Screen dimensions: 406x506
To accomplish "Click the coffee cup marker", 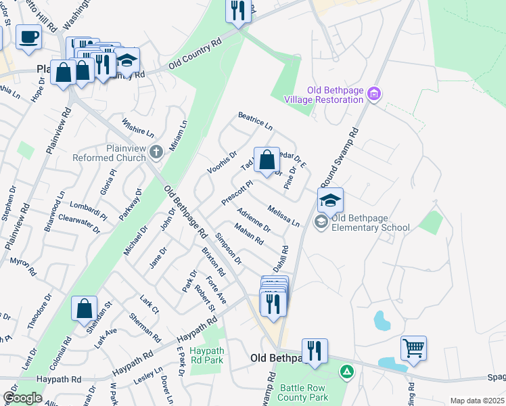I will coord(28,37).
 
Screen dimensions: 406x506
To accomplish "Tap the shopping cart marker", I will coord(413,348).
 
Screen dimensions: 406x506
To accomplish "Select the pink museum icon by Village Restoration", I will coord(375,93).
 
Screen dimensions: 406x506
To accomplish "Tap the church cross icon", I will coord(156,152).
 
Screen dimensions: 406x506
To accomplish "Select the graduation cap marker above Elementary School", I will coord(330,200).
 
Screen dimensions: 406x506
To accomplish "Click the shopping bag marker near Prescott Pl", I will coord(267,161).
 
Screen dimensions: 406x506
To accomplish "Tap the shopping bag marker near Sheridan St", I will coord(85,309).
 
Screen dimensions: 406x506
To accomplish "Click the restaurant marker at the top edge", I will coord(237,11).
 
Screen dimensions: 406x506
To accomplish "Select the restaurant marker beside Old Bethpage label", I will coord(315,351).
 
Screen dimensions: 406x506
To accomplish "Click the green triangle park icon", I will coord(346,371).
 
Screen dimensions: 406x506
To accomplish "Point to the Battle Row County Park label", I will coord(304,392).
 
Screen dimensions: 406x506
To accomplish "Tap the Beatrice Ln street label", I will coord(255,122).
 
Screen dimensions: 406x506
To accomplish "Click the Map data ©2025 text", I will coord(476,401).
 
